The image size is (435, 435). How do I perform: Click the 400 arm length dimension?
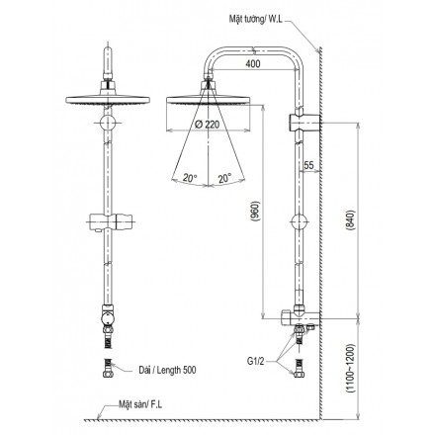tap(253, 63)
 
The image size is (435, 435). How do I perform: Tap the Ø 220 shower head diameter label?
tap(207, 125)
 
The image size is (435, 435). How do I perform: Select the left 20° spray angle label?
tap(190, 178)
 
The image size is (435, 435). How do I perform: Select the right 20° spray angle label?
tap(225, 178)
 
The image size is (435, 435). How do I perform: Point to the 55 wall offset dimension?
tap(308, 165)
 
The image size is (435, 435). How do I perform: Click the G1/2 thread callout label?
tap(256, 361)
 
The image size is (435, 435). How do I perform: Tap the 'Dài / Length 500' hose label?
tap(167, 370)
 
